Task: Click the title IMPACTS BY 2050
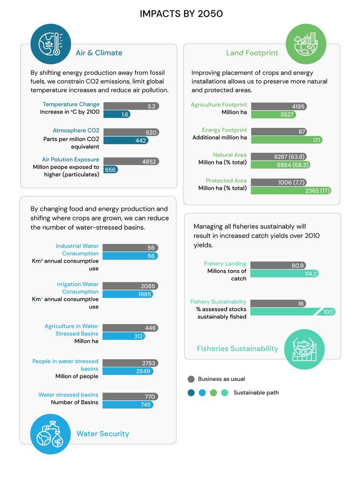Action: tap(181, 13)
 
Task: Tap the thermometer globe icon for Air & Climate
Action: tap(50, 44)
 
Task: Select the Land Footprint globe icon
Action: tap(306, 44)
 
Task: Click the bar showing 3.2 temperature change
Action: tap(131, 106)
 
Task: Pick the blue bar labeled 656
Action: tap(111, 169)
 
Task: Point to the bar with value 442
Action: tap(126, 141)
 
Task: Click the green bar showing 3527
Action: tap(274, 114)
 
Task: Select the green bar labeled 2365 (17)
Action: tap(291, 191)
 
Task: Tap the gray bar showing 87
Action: tap(279, 131)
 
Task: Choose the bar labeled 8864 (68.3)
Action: tap(280, 165)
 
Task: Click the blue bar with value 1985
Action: tap(128, 294)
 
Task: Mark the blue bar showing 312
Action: tap(124, 336)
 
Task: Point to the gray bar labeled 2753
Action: tap(130, 363)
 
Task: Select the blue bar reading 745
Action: tap(128, 405)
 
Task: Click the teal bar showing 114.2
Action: tap(284, 273)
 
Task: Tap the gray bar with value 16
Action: tap(278, 303)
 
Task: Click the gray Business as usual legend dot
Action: tap(191, 379)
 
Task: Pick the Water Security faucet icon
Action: tap(50, 434)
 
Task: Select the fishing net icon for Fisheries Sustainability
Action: tap(304, 349)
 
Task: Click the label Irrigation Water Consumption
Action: tap(78, 288)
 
